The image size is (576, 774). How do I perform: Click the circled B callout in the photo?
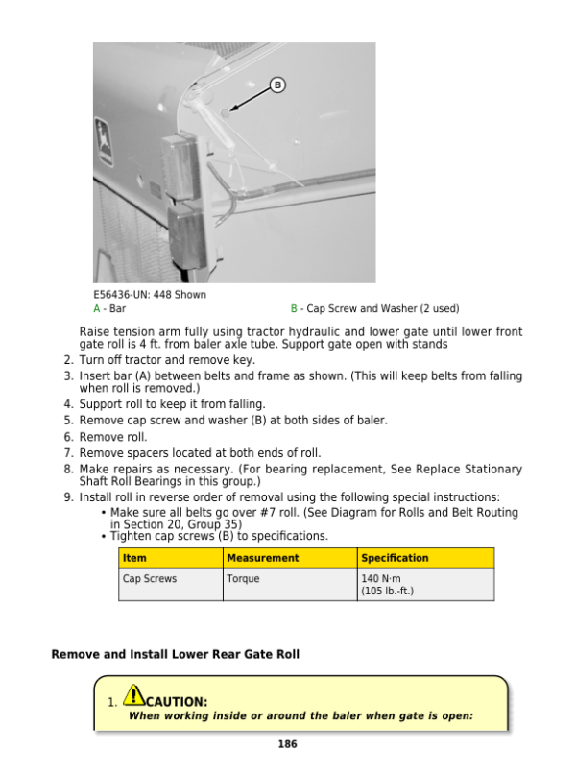point(277,85)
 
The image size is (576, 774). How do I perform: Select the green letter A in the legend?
point(96,309)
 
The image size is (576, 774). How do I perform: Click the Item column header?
point(134,558)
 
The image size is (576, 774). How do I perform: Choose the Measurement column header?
point(262,558)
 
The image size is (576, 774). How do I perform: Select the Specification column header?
point(395,558)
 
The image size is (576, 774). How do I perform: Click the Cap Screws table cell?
point(150,579)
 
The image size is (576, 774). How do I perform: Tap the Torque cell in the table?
point(243,579)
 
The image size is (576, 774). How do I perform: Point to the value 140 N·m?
point(380,579)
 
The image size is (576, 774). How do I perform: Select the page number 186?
point(287,744)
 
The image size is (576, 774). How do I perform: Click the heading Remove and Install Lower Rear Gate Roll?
point(175,655)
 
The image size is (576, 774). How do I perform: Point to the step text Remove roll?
point(112,437)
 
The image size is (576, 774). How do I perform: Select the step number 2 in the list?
point(67,360)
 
